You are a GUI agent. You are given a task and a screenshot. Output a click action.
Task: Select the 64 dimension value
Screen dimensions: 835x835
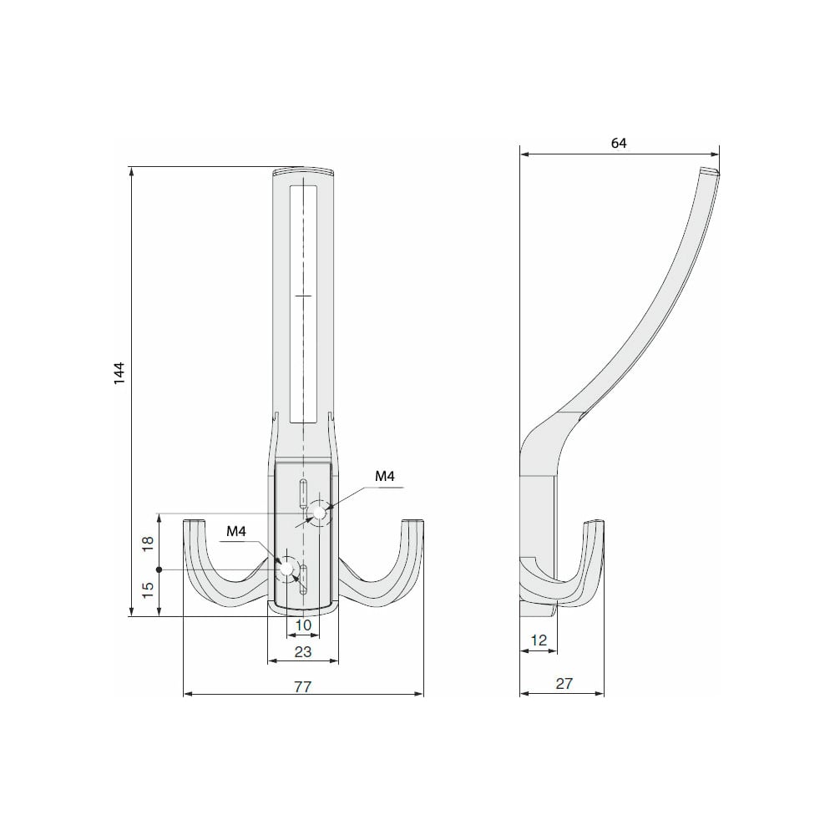(618, 143)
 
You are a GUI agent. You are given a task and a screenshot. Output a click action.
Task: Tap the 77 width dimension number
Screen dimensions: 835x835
(302, 686)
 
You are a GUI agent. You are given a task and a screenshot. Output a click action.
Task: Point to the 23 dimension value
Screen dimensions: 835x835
(302, 651)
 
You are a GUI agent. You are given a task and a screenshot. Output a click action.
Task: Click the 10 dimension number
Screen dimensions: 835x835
(303, 625)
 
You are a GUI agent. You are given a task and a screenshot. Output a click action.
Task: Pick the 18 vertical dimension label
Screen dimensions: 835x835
(148, 543)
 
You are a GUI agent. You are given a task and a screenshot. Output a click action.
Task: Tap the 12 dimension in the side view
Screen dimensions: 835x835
(539, 640)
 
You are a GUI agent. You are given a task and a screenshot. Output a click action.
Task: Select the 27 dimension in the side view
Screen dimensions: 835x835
(564, 683)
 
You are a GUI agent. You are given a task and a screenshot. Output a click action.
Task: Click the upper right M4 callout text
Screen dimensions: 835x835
(384, 476)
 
